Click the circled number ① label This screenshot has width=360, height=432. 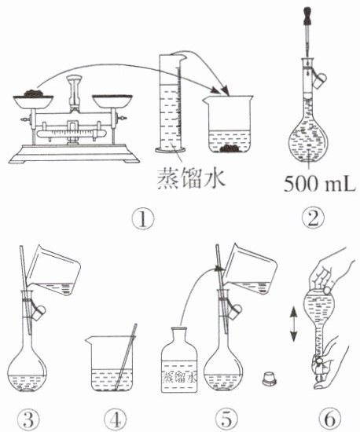coord(143,219)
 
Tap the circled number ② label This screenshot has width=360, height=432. coord(313,218)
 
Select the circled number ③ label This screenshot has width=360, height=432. coord(29,419)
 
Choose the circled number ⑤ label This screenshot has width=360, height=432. coord(226,419)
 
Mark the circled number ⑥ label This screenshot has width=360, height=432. coord(329,419)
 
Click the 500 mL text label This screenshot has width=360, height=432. coord(320,184)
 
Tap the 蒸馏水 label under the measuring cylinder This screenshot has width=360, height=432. coord(191,178)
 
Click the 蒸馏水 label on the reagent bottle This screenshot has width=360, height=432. coord(179,377)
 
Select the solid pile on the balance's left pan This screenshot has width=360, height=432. coord(32,93)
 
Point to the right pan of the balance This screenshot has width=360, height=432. coord(112,101)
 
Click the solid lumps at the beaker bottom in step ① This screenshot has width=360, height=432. coord(230,148)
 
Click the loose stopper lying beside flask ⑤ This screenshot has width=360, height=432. coord(269,379)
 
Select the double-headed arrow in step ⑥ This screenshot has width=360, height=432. coord(293,324)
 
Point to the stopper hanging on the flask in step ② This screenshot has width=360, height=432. coord(320,80)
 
